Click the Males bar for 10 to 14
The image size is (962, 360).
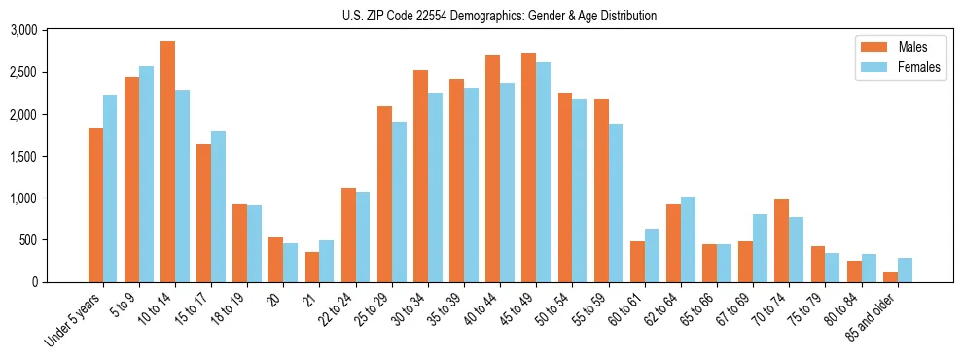(167, 162)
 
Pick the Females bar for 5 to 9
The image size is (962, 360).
(146, 174)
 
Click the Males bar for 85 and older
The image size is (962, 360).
(890, 277)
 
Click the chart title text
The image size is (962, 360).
(499, 16)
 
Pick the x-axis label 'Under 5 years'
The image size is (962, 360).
(73, 315)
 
